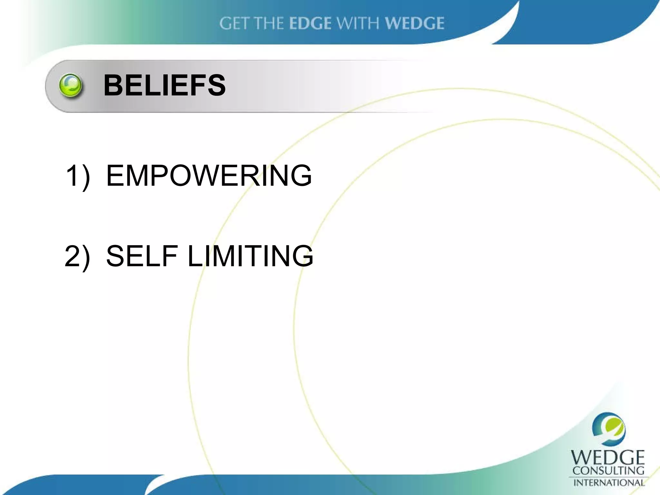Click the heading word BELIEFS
(164, 85)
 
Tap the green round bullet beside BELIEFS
(71, 85)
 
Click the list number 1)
(78, 176)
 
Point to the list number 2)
(77, 256)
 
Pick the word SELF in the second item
(142, 256)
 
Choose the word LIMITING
(250, 256)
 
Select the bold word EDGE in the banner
(310, 24)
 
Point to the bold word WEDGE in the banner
(415, 24)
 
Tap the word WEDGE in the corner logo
(608, 458)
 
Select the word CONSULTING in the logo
(608, 471)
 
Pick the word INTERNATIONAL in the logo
(608, 482)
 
